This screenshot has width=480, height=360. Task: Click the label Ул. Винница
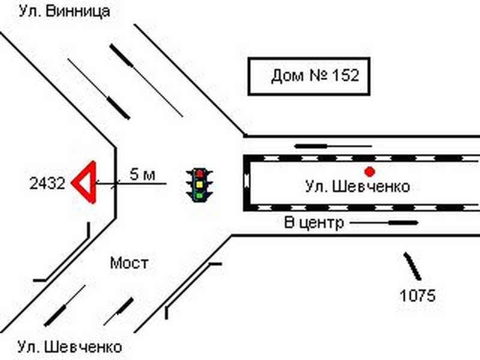64,11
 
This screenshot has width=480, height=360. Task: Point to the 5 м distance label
143,175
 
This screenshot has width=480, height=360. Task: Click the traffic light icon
200,184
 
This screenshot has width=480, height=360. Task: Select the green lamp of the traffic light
200,194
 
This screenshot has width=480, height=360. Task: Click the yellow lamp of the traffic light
200,184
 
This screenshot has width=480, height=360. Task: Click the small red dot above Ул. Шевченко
370,171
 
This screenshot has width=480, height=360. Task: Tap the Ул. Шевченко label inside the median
358,187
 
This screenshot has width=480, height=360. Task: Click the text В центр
314,223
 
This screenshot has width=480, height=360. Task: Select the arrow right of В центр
384,223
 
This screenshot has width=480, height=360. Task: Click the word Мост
128,263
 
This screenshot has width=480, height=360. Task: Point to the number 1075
418,295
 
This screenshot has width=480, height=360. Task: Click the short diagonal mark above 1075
412,266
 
